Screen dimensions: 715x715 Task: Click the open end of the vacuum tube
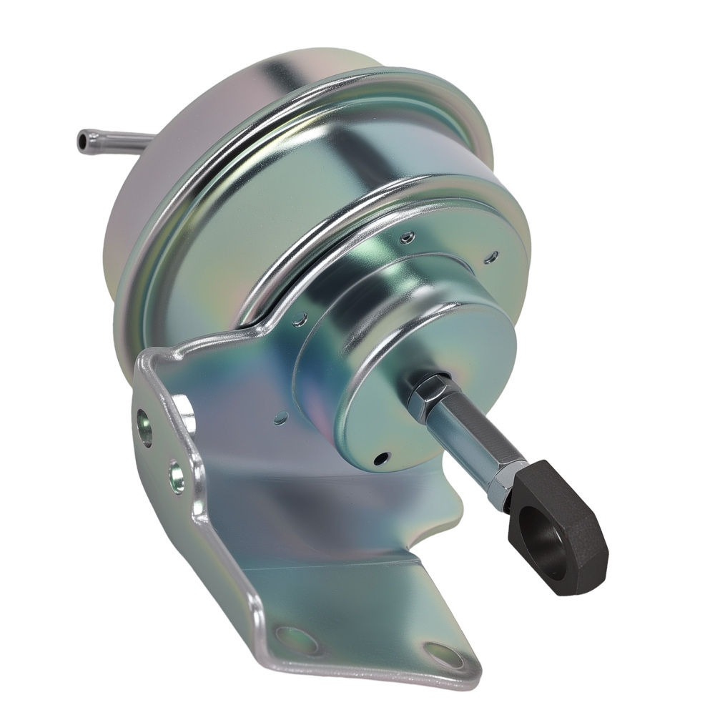82,140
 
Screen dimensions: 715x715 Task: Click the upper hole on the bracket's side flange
145,428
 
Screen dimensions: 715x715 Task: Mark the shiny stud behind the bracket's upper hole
184,415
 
